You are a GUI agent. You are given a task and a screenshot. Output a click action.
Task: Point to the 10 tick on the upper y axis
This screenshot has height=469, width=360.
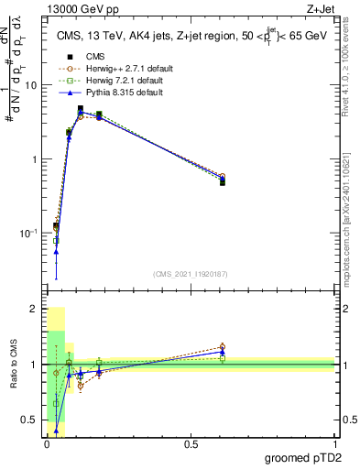tap(33, 85)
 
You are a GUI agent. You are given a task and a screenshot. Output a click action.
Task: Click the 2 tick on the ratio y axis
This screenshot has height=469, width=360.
tap(36, 310)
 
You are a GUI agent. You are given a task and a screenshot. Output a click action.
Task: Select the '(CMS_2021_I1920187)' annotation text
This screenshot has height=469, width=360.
tap(191, 274)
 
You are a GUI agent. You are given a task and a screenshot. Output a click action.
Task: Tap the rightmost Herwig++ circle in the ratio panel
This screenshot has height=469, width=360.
tap(223, 347)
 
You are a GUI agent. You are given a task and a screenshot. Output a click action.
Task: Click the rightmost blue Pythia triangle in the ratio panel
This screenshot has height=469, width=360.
tap(223, 352)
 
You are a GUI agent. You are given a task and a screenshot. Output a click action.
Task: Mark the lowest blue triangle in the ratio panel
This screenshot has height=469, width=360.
tap(57, 430)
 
